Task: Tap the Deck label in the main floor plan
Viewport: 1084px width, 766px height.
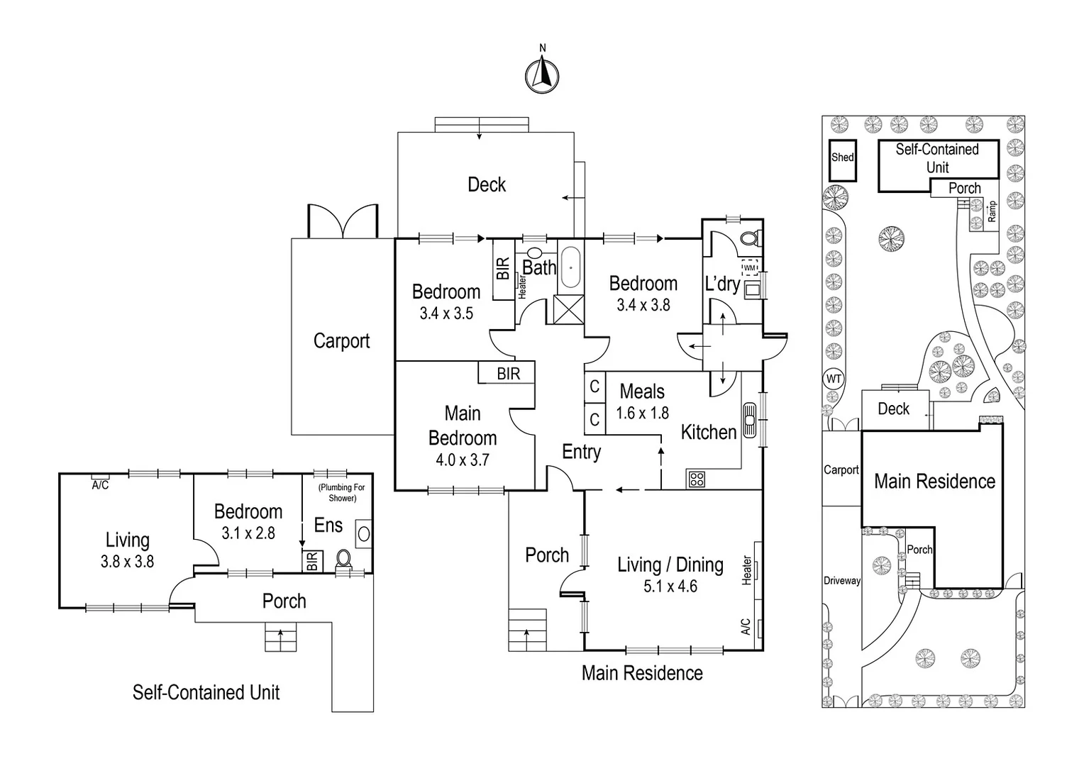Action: point(487,184)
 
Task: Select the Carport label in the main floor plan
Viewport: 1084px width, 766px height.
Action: point(341,341)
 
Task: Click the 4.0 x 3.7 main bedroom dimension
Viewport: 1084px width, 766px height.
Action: point(463,460)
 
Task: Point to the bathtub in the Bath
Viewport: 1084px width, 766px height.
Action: point(570,268)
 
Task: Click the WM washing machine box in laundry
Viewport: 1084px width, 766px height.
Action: point(750,268)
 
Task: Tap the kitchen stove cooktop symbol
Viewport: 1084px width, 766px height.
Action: point(696,479)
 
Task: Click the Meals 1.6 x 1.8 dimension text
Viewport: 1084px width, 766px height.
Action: point(642,413)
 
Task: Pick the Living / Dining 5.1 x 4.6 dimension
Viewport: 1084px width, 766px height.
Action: point(670,587)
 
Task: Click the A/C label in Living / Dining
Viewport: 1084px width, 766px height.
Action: point(746,626)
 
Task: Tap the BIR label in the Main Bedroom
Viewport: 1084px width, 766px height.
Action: point(508,374)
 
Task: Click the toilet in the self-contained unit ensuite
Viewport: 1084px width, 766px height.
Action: point(343,559)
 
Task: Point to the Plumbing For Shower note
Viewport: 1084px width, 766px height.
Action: point(342,492)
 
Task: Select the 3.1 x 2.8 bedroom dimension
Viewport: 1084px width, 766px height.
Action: point(248,533)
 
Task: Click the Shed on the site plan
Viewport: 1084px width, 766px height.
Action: point(842,160)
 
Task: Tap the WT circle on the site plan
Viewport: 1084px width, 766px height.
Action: point(834,379)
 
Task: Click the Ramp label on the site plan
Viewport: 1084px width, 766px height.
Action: point(992,211)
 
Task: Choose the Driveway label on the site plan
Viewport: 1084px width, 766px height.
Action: point(842,580)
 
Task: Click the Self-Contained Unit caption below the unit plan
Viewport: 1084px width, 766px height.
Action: point(206,692)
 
